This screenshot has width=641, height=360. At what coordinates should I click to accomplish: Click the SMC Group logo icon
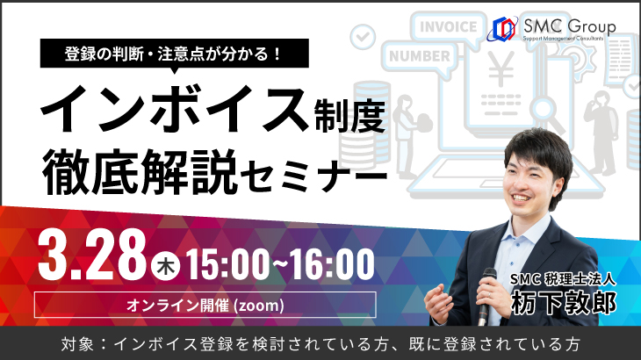click(502, 29)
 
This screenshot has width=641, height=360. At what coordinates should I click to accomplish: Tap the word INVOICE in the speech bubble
click(449, 27)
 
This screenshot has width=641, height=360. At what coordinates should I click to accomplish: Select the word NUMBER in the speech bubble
click(420, 56)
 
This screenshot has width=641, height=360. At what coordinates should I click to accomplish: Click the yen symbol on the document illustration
click(501, 70)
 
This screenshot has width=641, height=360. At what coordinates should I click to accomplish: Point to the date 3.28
click(91, 256)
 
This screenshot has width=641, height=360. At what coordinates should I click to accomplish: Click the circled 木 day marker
click(165, 267)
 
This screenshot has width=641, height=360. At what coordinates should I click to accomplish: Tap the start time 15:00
click(228, 265)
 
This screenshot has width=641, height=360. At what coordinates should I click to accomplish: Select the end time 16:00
click(332, 265)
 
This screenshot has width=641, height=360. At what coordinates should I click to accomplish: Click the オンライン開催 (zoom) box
click(205, 305)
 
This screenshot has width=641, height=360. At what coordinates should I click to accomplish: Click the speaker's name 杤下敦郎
click(564, 303)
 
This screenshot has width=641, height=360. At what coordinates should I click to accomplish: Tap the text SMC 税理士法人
click(564, 279)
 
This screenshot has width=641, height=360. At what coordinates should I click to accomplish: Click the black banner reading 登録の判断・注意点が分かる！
click(174, 54)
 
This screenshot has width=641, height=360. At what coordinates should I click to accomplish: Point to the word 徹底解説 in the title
click(140, 172)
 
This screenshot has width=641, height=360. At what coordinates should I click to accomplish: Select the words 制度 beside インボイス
click(350, 117)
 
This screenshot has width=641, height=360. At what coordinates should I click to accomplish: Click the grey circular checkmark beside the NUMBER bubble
click(363, 36)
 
